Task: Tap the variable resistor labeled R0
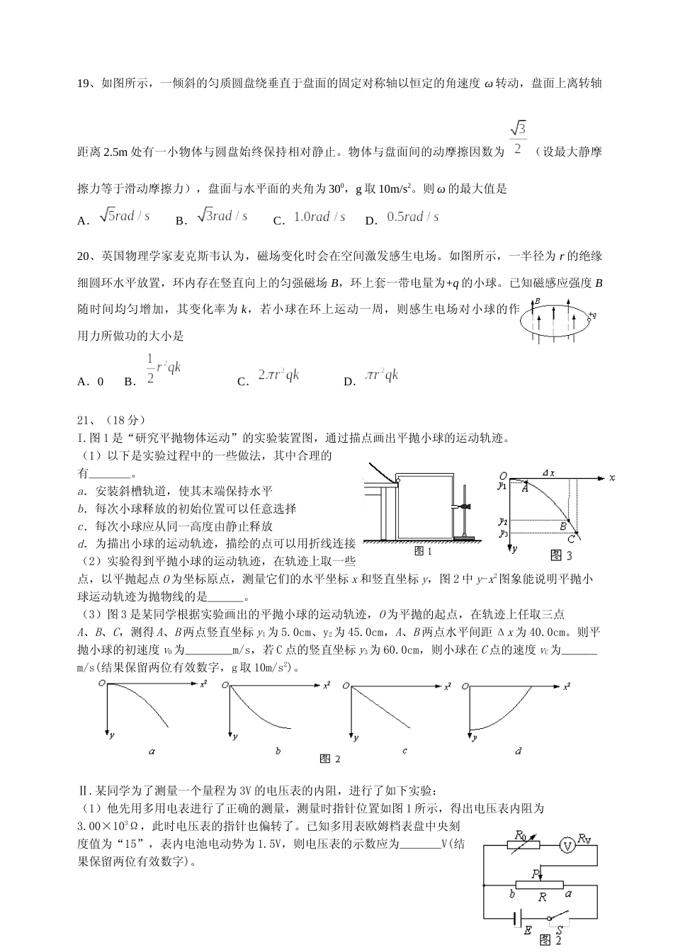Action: pyautogui.click(x=524, y=844)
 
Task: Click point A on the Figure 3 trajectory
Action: pyautogui.click(x=525, y=487)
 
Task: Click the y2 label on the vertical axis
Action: pyautogui.click(x=502, y=520)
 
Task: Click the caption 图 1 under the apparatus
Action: pyautogui.click(x=423, y=550)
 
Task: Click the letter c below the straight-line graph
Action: pyautogui.click(x=405, y=750)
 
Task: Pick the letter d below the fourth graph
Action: pyautogui.click(x=519, y=750)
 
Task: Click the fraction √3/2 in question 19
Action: pyautogui.click(x=518, y=138)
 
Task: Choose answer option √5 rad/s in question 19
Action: pyautogui.click(x=125, y=216)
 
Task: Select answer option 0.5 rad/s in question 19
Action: pyautogui.click(x=413, y=217)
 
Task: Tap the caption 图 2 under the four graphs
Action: pyautogui.click(x=330, y=759)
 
